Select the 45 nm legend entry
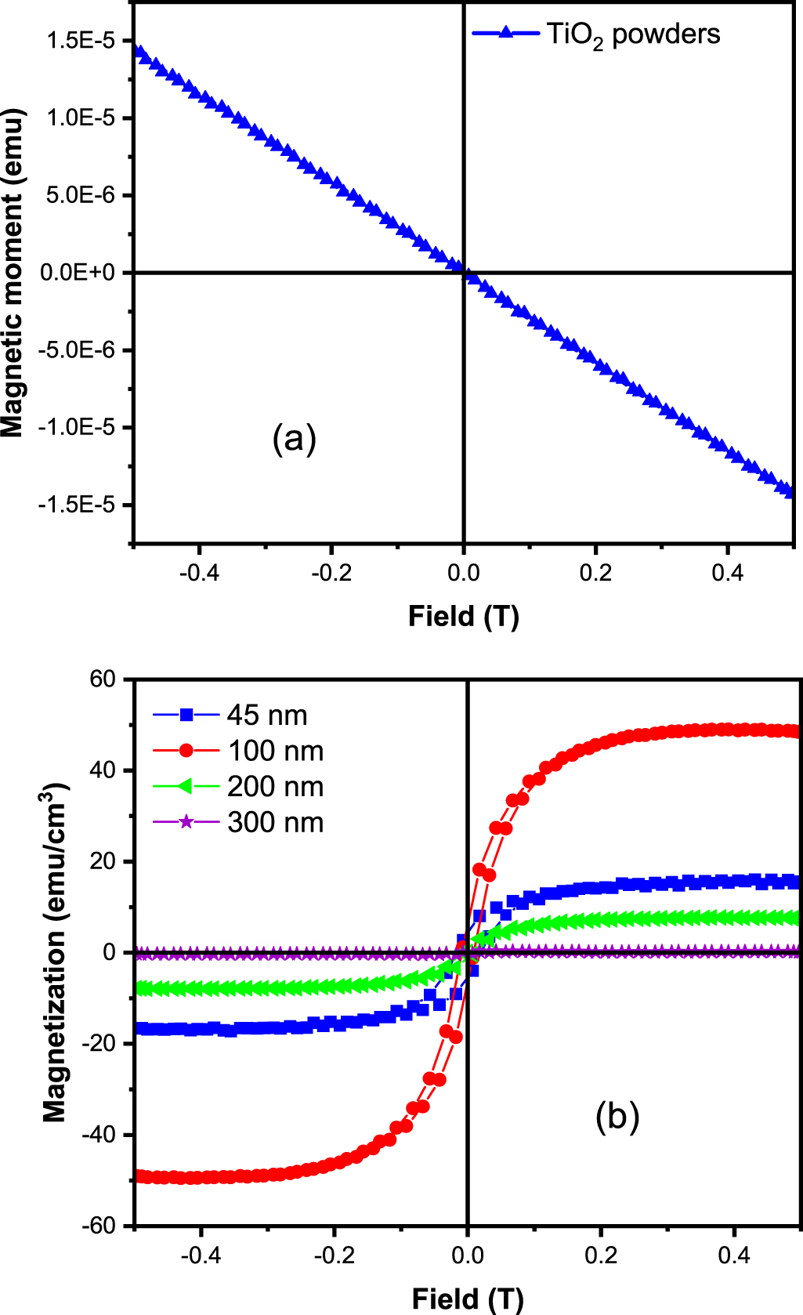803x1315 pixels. (266, 715)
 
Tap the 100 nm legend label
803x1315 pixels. (276, 751)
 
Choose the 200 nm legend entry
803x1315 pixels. (275, 786)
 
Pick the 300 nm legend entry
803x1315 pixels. (275, 822)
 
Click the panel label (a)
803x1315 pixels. (294, 438)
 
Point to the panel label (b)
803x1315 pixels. (617, 1116)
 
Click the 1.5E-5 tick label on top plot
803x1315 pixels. (80, 41)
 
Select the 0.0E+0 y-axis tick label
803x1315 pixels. (77, 273)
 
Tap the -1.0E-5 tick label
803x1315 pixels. (76, 427)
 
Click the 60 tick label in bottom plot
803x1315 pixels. (102, 679)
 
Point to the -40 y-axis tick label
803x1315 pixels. (98, 1134)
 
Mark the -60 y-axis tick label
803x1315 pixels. (98, 1225)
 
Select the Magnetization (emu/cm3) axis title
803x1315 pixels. (55, 951)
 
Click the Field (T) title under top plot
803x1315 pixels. (463, 617)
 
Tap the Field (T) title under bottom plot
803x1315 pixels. (467, 1299)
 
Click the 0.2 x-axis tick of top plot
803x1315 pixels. (595, 573)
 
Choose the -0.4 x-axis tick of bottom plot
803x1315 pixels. (201, 1255)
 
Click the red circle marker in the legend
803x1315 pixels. (186, 751)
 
